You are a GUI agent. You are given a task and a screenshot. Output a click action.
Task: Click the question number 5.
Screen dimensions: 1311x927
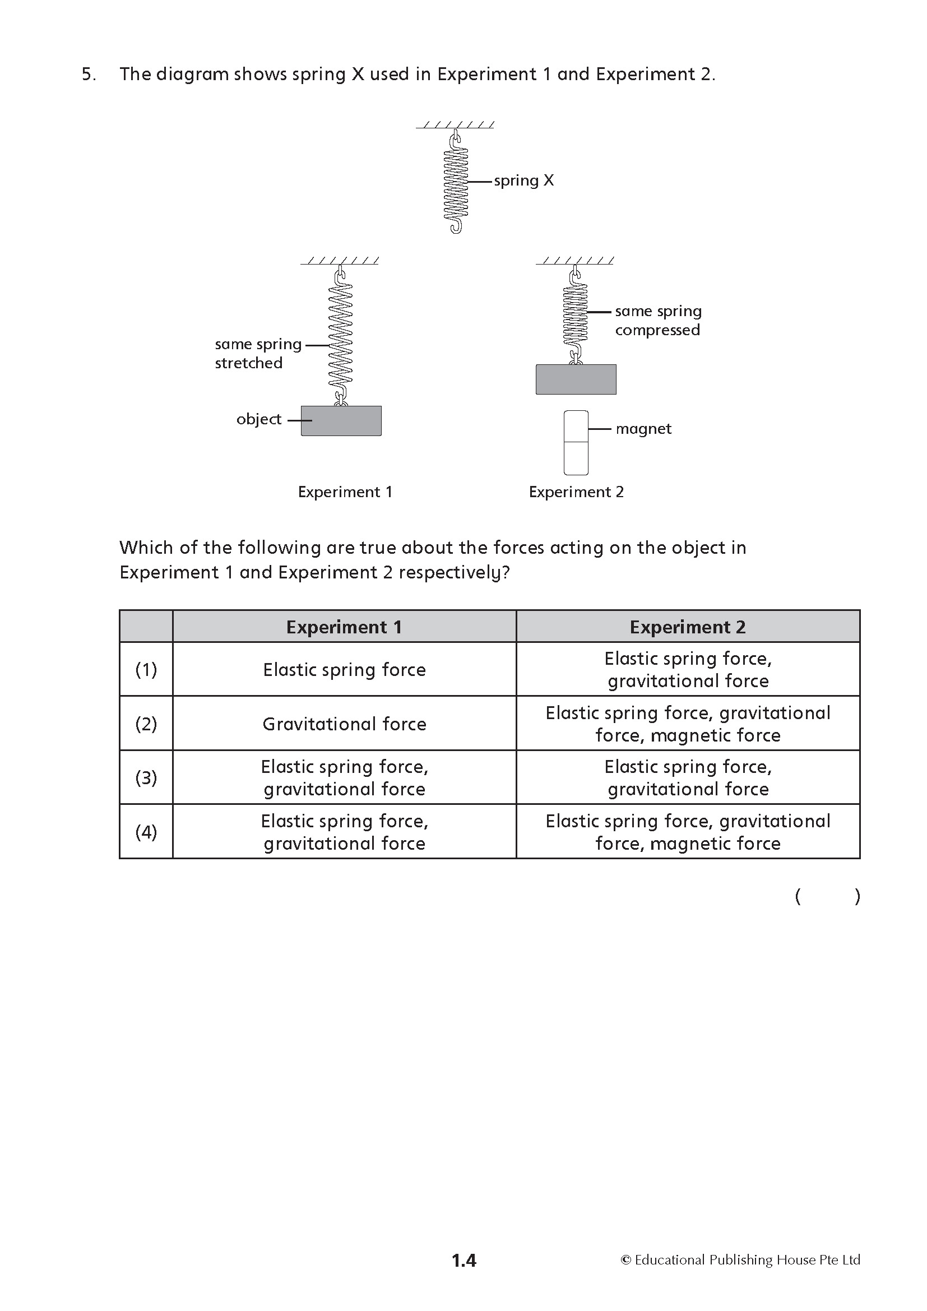pos(89,74)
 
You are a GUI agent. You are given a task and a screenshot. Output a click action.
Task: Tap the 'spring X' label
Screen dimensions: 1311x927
pos(523,180)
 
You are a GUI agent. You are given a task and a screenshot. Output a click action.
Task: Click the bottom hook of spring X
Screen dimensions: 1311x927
pos(456,226)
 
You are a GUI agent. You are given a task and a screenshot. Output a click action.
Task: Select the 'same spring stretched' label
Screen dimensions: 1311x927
pos(257,354)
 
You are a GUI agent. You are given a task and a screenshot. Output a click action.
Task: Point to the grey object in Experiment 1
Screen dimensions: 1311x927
pos(341,421)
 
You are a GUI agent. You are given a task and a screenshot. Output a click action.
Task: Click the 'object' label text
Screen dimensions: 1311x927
pos(258,419)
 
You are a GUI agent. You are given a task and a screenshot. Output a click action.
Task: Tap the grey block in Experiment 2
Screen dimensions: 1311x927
pos(576,379)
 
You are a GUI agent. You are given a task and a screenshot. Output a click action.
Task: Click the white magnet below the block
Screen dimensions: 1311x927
pos(576,443)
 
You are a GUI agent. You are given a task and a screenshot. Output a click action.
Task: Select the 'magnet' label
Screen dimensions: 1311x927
pos(643,429)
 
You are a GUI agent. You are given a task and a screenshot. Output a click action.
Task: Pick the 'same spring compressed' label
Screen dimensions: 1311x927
pos(657,321)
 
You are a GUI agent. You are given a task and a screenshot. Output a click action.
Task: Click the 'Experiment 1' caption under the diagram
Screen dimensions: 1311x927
pos(345,492)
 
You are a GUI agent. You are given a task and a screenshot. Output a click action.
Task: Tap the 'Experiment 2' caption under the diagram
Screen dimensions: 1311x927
pos(576,492)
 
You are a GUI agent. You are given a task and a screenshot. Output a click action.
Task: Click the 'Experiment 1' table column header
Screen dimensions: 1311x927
pos(344,627)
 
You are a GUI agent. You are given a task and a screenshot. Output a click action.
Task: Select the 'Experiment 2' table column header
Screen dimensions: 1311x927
pos(688,627)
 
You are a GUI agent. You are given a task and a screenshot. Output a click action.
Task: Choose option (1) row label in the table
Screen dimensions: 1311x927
pos(146,669)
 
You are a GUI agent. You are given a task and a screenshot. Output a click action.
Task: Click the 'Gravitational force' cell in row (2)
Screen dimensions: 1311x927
pos(344,724)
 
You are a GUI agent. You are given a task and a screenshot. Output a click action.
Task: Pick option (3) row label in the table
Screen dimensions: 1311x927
pos(146,778)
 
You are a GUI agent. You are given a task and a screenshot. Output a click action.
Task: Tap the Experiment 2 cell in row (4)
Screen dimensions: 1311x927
pos(688,832)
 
